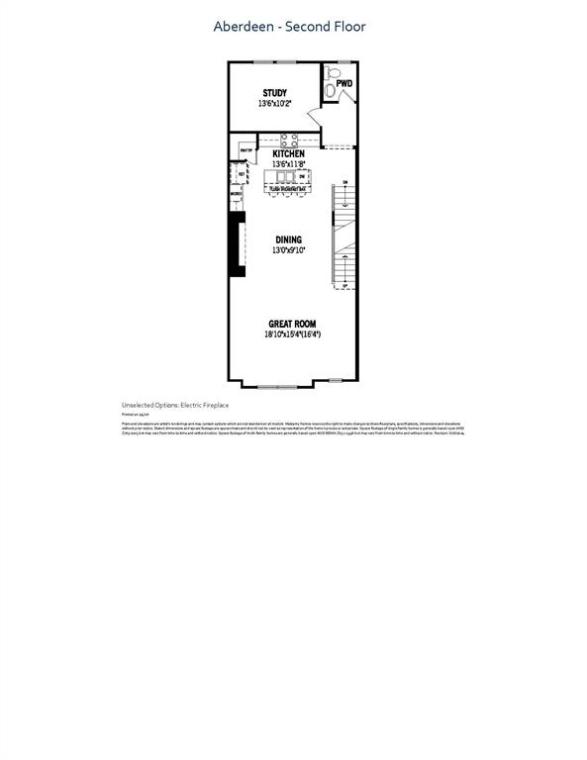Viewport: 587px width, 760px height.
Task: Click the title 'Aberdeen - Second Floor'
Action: (289, 27)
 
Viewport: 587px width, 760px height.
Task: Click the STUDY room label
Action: (275, 93)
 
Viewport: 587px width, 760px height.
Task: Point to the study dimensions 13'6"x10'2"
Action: (275, 103)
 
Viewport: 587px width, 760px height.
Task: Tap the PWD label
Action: (343, 84)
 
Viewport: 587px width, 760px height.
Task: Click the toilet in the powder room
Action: (334, 74)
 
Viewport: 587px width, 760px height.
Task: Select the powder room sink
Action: (329, 92)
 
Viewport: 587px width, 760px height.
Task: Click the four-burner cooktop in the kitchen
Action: (288, 140)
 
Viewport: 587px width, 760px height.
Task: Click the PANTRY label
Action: (245, 150)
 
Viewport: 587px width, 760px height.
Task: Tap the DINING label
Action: (289, 240)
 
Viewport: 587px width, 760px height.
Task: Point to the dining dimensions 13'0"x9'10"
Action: (289, 250)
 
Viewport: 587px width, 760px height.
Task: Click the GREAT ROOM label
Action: (292, 325)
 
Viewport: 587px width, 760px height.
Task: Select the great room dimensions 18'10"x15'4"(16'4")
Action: (292, 334)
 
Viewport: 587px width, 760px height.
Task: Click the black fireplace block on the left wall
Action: (238, 245)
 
